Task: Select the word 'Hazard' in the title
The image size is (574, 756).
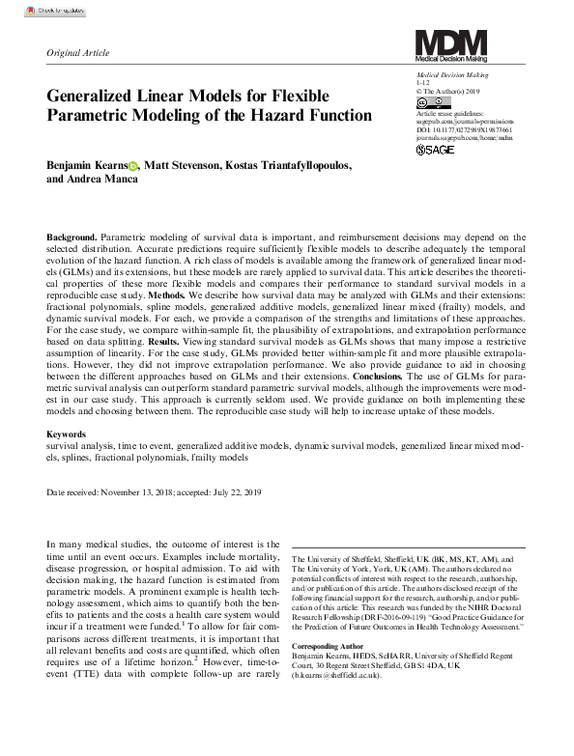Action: tap(305, 116)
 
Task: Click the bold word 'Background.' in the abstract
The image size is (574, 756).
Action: tap(72, 237)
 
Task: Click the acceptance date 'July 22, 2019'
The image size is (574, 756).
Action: tap(238, 492)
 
